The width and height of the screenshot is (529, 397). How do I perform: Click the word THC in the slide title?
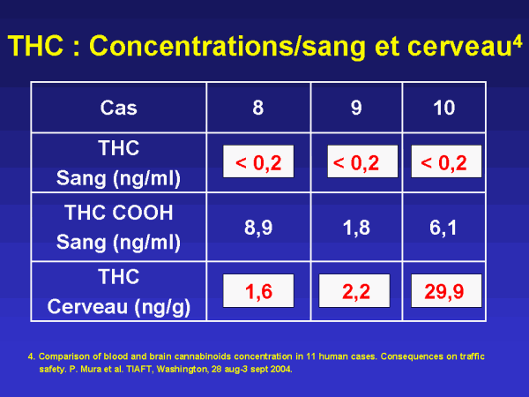(36, 46)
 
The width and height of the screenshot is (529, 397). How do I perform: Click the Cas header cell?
(118, 108)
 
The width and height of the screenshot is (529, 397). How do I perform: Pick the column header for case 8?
(258, 108)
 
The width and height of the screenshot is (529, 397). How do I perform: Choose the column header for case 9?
(356, 108)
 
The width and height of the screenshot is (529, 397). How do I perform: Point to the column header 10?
(444, 108)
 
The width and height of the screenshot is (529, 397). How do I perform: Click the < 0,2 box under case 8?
(258, 161)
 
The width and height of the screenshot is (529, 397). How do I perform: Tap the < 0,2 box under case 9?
(362, 161)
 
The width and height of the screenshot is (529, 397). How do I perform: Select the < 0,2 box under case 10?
(446, 161)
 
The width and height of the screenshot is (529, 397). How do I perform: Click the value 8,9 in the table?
(258, 228)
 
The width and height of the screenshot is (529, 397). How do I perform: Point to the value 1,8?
(356, 228)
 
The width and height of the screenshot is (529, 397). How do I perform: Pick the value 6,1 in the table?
(443, 228)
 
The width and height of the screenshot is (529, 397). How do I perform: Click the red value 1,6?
(258, 291)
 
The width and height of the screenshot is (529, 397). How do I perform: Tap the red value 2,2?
(356, 291)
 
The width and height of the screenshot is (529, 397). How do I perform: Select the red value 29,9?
(444, 291)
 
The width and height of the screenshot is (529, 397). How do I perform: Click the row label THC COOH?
(118, 213)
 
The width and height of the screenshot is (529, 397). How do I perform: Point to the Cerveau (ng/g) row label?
(119, 307)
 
